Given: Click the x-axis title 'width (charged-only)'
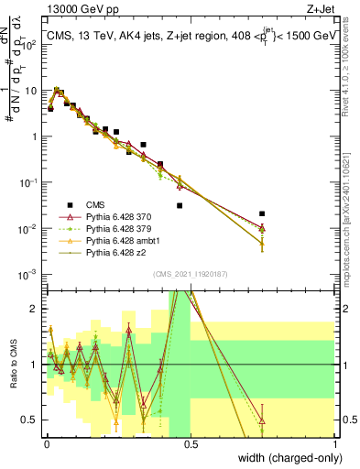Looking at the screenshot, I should (284, 458).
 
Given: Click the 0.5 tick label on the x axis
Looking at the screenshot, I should (191, 443).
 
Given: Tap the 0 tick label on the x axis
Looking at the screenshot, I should (47, 443).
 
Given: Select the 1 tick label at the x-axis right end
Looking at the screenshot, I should (336, 443).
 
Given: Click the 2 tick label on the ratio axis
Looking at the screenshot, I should (36, 309).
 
